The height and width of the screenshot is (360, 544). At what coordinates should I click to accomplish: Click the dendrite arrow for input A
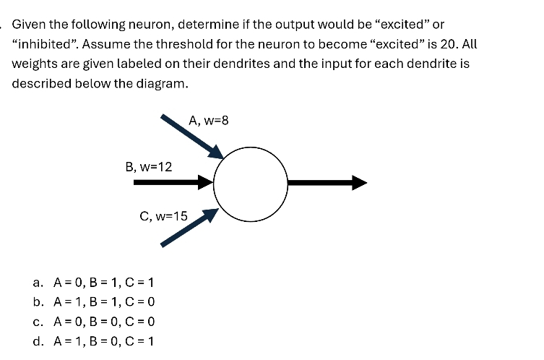tap(191, 135)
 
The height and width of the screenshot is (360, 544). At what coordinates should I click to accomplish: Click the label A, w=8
tap(208, 121)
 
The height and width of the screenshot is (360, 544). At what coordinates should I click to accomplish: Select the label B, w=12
tap(149, 167)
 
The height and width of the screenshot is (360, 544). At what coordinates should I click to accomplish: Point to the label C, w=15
tap(163, 215)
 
